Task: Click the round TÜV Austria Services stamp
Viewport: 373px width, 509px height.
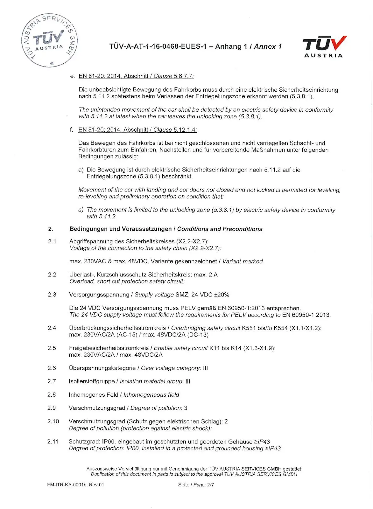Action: [x=49, y=40]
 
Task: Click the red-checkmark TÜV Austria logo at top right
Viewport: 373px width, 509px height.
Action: [x=324, y=46]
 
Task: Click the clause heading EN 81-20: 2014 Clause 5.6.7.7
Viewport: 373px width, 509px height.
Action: [x=136, y=76]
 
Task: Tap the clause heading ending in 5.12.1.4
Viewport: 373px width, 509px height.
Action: [x=137, y=130]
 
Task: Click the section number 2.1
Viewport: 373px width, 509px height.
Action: [x=52, y=241]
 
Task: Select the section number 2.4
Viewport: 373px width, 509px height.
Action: [x=52, y=328]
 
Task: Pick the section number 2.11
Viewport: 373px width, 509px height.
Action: [x=53, y=442]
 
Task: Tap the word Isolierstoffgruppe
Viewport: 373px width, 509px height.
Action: [x=92, y=381]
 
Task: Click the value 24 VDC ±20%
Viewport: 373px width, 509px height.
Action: [x=210, y=295]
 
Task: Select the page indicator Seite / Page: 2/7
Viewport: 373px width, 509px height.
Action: [x=196, y=485]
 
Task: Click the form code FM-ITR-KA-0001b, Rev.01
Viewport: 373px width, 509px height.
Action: [x=75, y=485]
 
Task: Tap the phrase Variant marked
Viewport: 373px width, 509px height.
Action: [x=243, y=261]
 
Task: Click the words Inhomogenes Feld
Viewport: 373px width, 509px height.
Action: [x=93, y=395]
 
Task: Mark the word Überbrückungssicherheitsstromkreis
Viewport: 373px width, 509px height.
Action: [x=117, y=328]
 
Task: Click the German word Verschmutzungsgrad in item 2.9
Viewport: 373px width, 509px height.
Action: [x=97, y=408]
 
